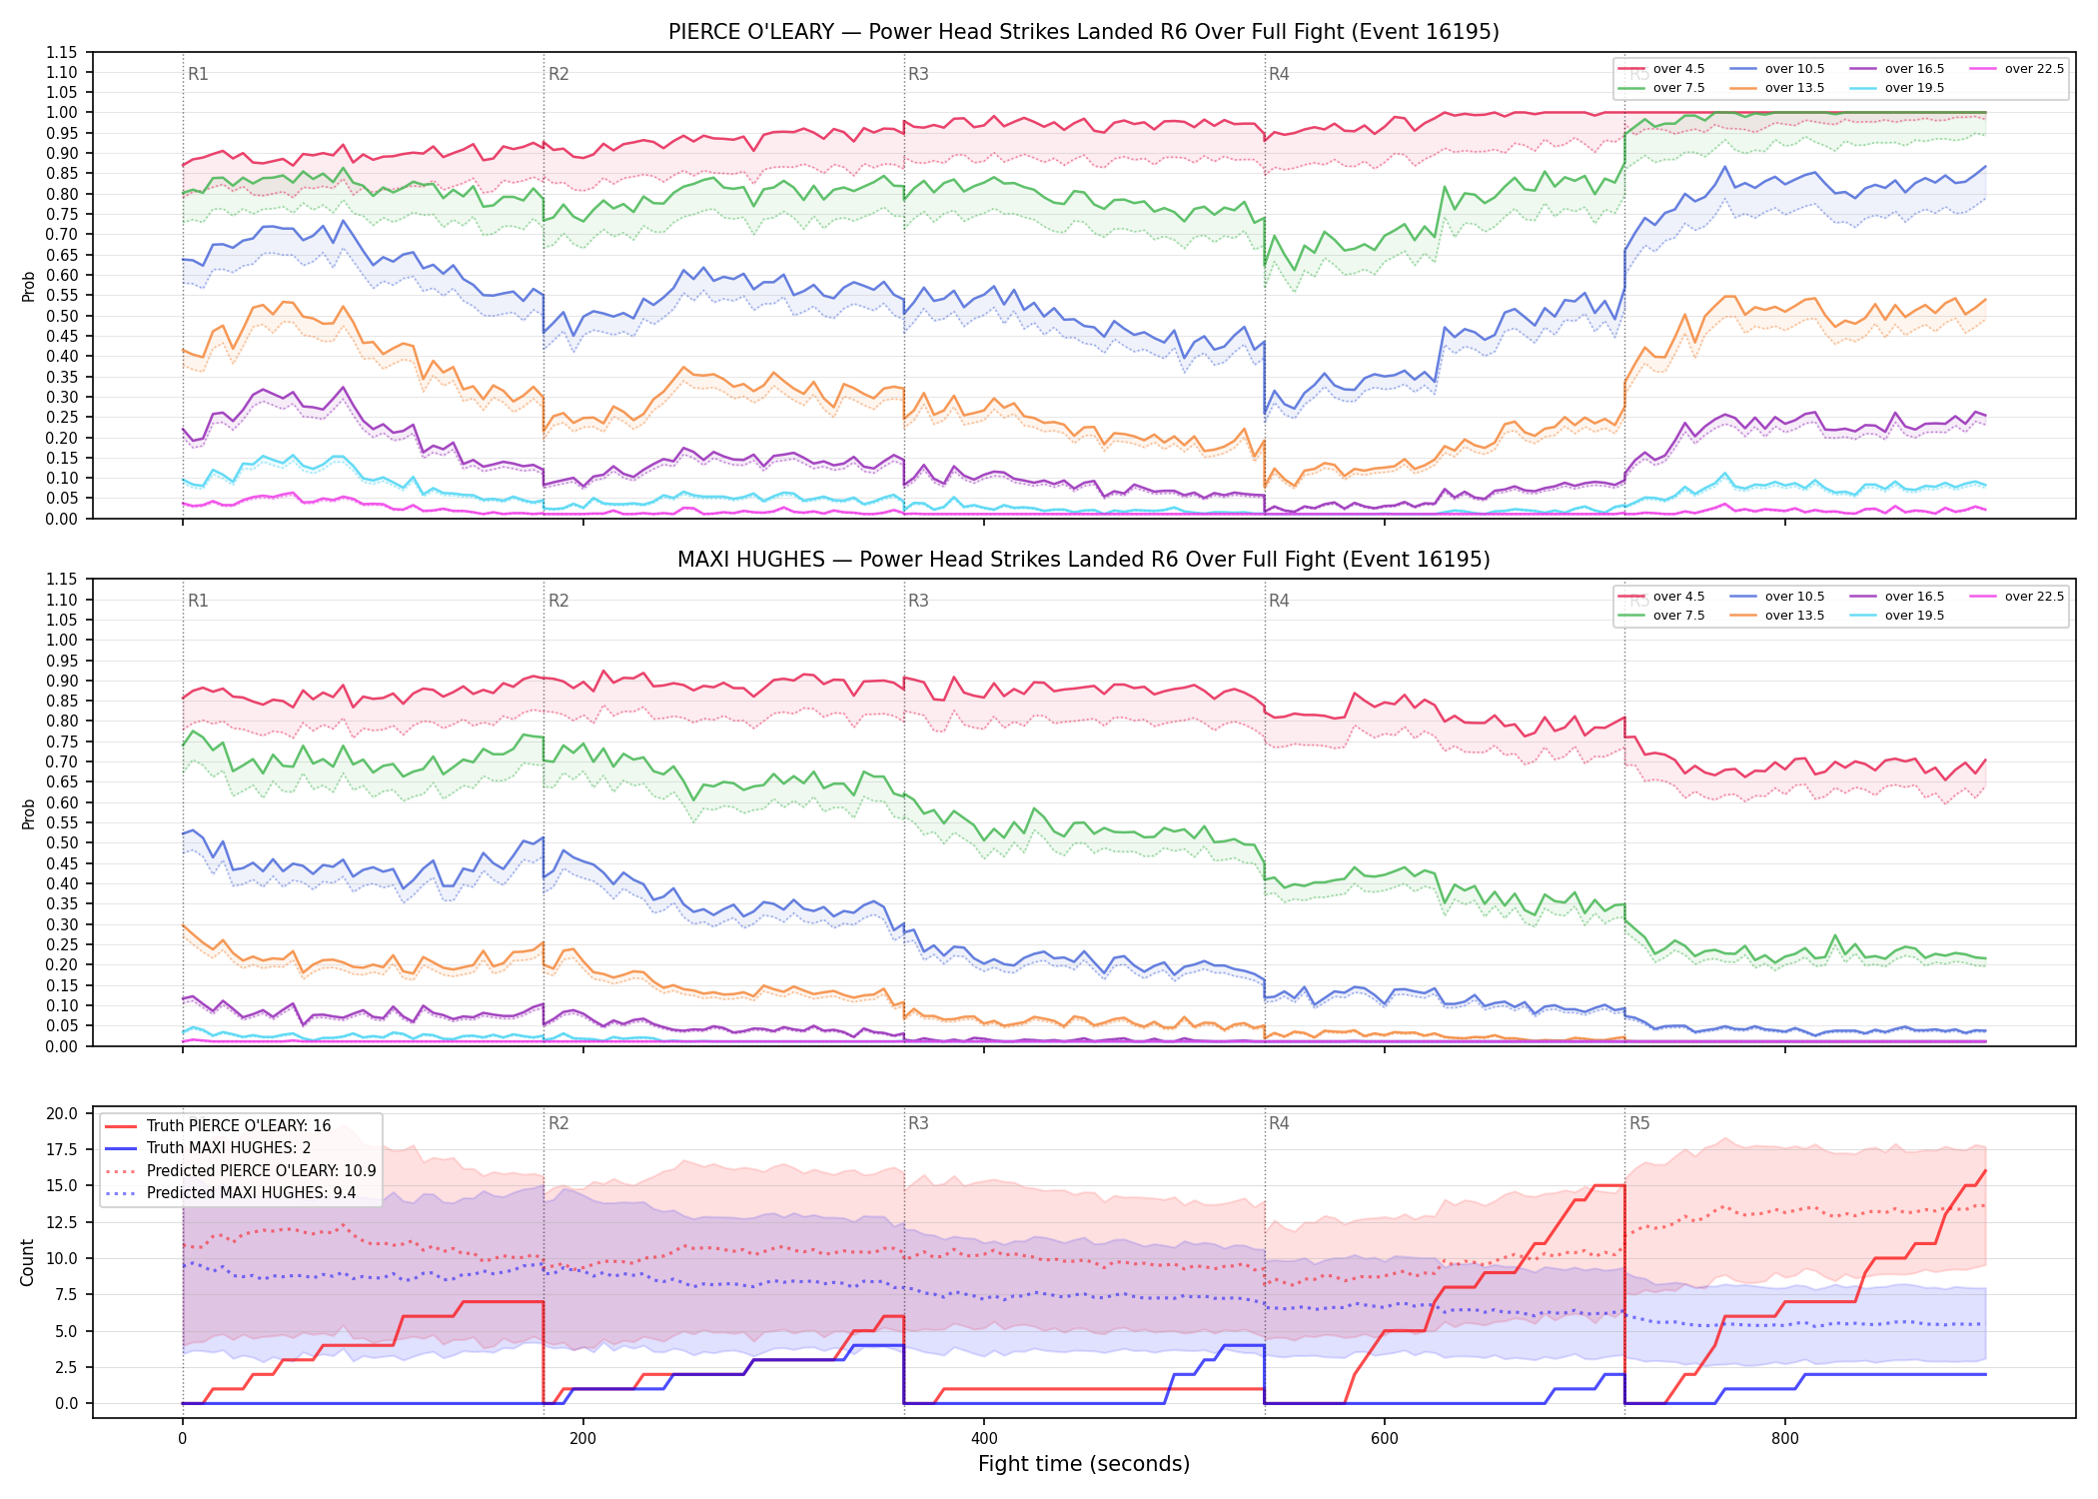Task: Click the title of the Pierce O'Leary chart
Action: coord(1083,32)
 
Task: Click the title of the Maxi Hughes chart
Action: coord(1083,560)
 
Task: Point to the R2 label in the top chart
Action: coord(558,74)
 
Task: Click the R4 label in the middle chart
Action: coord(1279,601)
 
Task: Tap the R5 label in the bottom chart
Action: coord(1639,1123)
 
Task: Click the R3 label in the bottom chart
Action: coord(918,1123)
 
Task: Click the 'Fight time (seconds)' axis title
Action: coord(1084,1464)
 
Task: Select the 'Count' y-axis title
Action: coord(27,1262)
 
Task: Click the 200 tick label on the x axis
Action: coord(582,1439)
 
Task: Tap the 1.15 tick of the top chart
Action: coord(62,52)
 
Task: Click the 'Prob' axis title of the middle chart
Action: coord(28,813)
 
